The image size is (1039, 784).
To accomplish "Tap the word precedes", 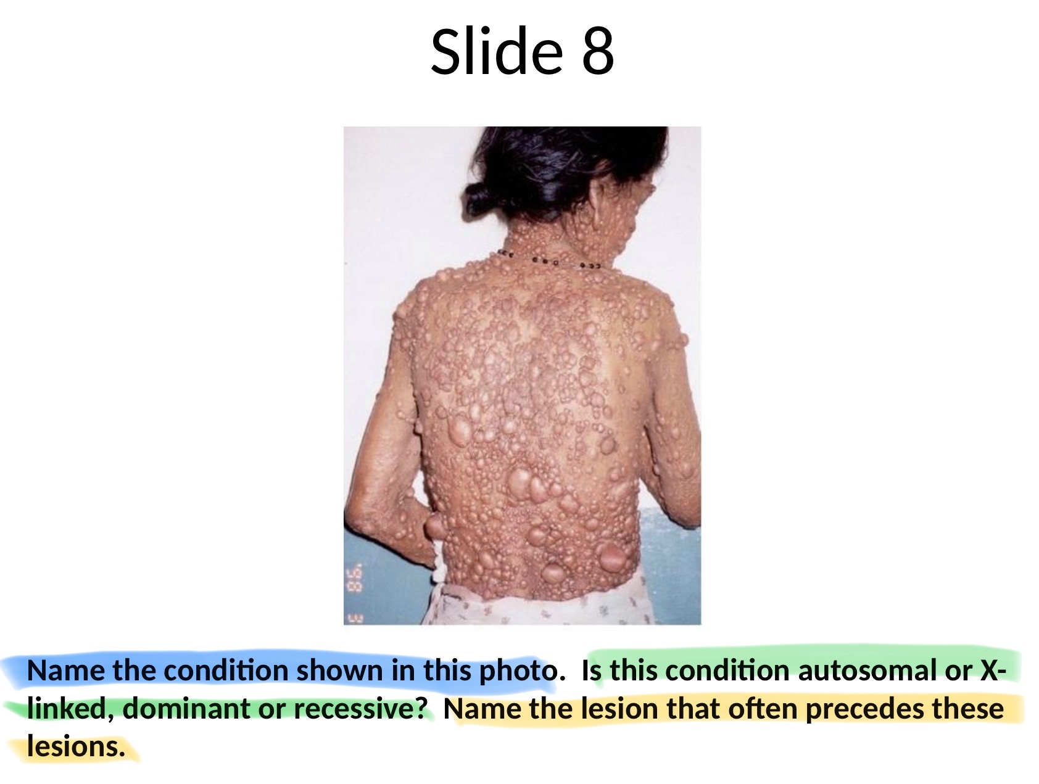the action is point(864,709).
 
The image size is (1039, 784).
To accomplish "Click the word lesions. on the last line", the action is point(77,746).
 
